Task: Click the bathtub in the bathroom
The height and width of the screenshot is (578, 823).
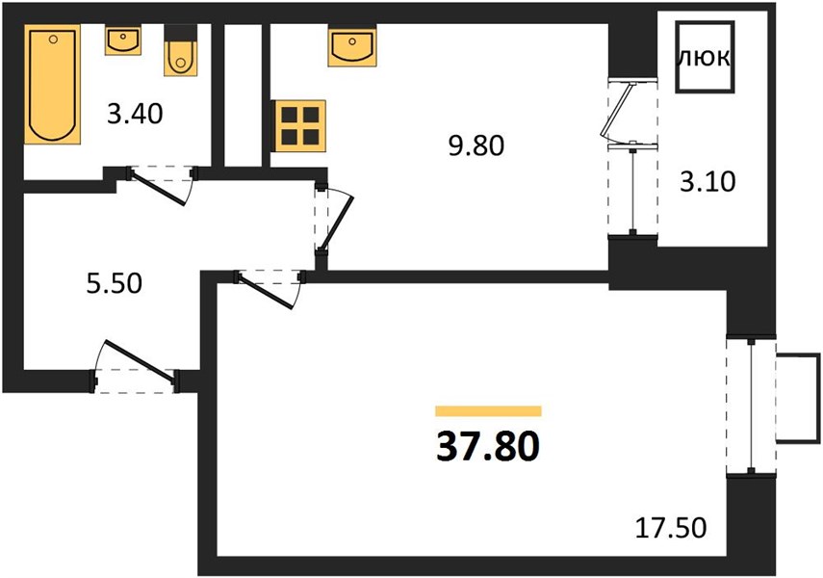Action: click(x=52, y=84)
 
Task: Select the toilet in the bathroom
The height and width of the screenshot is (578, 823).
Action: click(x=181, y=50)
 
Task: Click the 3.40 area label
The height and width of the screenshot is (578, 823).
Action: click(x=135, y=114)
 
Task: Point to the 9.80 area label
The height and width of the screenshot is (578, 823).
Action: click(x=476, y=145)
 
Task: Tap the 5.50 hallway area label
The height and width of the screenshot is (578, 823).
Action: click(x=115, y=283)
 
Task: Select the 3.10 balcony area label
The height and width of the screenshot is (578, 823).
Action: click(x=708, y=182)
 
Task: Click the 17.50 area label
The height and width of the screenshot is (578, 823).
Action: click(x=671, y=528)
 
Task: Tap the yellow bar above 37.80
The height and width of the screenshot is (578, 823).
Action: click(x=488, y=411)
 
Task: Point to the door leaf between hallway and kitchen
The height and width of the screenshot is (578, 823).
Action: click(x=338, y=223)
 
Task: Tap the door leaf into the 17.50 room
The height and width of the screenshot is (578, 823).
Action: click(x=266, y=291)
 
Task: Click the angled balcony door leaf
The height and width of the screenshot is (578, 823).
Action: click(x=618, y=109)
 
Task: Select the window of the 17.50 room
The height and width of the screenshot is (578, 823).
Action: click(x=751, y=406)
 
